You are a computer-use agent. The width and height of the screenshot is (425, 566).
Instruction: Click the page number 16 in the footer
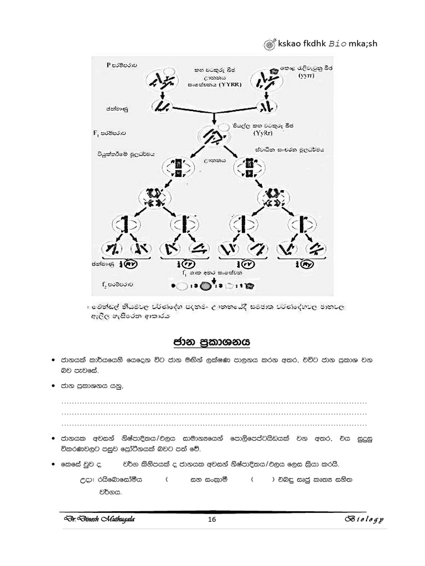(211, 519)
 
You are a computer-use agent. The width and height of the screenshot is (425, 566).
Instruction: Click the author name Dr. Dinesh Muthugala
(99, 519)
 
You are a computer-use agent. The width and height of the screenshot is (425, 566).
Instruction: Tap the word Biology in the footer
(365, 520)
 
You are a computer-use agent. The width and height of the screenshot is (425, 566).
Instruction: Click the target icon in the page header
(269, 44)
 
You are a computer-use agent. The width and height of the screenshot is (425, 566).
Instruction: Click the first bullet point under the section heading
(51, 360)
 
